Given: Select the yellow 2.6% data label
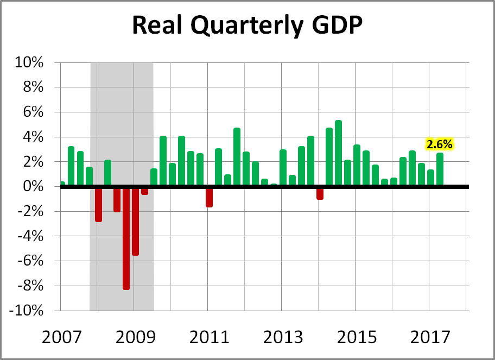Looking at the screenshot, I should [x=440, y=144].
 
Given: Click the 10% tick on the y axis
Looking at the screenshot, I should [x=29, y=63].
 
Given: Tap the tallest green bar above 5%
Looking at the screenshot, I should [x=338, y=153].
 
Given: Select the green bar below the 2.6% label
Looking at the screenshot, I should [x=440, y=169].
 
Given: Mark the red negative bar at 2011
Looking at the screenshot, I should [x=209, y=197].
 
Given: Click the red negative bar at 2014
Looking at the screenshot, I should [x=320, y=193].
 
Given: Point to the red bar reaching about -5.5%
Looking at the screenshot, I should [x=135, y=221].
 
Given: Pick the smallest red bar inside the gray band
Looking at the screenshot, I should [x=144, y=191].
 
